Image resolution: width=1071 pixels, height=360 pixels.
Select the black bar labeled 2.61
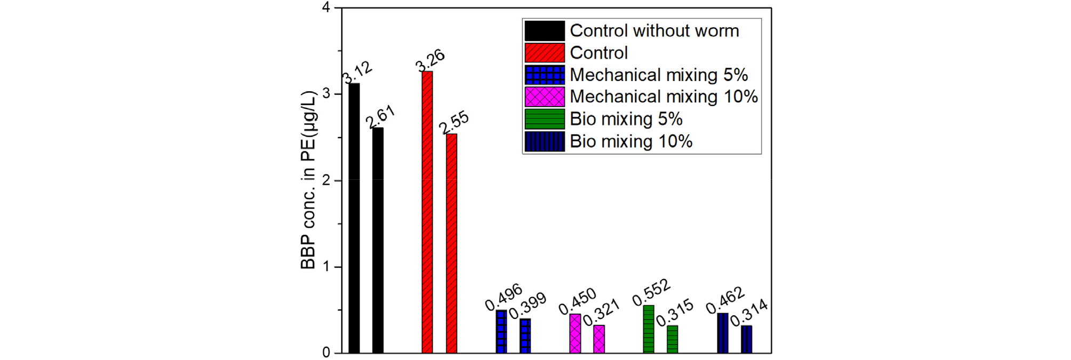pyautogui.click(x=378, y=240)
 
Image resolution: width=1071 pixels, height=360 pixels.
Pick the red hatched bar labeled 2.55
pyautogui.click(x=451, y=243)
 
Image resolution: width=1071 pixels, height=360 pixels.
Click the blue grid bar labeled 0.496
pyautogui.click(x=501, y=331)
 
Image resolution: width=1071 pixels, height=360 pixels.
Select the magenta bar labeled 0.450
pyautogui.click(x=575, y=333)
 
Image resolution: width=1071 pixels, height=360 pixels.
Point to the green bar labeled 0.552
pyautogui.click(x=649, y=329)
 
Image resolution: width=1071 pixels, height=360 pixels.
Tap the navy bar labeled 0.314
pyautogui.click(x=747, y=339)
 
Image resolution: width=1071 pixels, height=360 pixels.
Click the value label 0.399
pyautogui.click(x=527, y=306)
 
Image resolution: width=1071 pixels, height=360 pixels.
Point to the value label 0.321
pyautogui.click(x=601, y=312)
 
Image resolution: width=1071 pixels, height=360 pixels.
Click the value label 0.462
pyautogui.click(x=725, y=300)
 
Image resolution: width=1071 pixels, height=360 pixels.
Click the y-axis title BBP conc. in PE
pyautogui.click(x=308, y=180)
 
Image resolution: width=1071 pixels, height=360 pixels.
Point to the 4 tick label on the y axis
pyautogui.click(x=326, y=7)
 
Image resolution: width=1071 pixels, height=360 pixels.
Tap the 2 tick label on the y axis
pyautogui.click(x=326, y=180)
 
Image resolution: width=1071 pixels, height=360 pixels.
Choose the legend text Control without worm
pyautogui.click(x=654, y=31)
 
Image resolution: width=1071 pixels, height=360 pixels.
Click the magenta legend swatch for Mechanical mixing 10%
pyautogui.click(x=545, y=97)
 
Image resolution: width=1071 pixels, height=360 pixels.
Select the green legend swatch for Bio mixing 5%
pyautogui.click(x=545, y=119)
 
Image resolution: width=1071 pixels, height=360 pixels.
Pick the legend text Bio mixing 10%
pyautogui.click(x=631, y=141)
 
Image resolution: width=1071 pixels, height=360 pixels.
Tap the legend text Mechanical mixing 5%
pyautogui.click(x=659, y=75)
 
